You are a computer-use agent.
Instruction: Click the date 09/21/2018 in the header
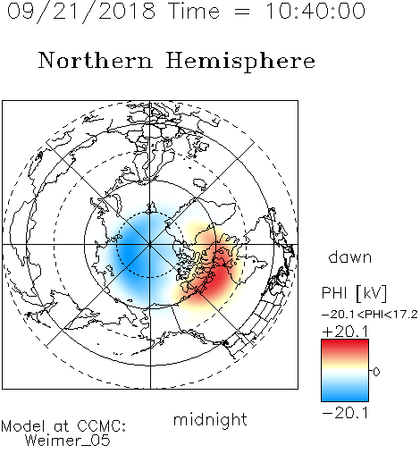81,12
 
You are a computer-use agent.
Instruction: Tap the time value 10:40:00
315,11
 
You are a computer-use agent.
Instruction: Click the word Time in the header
194,11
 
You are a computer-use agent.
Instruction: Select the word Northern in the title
96,60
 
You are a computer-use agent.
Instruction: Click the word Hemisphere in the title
240,62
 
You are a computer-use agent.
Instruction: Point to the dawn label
350,256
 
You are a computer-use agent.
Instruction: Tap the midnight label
210,420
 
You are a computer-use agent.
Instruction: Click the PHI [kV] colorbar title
354,293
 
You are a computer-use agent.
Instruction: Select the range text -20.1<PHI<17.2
370,315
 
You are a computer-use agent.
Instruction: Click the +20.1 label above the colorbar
346,332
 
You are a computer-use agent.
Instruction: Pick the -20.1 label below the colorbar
346,413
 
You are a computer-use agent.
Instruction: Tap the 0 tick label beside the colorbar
376,372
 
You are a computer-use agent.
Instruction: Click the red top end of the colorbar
345,342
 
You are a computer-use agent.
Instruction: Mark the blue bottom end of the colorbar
345,399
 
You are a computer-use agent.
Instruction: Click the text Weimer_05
68,441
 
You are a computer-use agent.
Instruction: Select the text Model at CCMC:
63,426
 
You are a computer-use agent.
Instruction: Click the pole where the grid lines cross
150,245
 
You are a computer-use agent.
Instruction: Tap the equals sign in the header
242,13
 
